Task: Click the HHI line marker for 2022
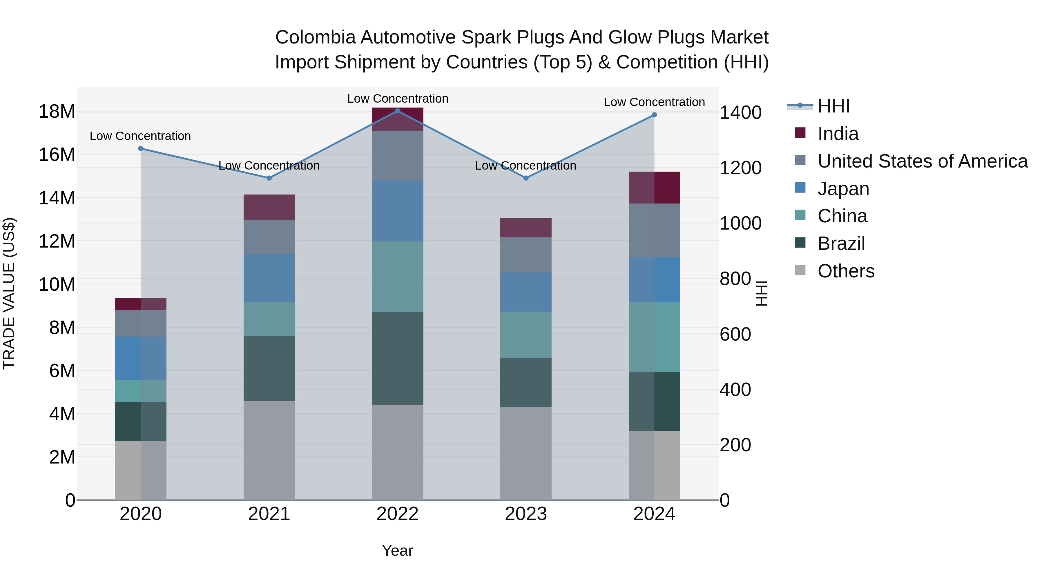(x=397, y=111)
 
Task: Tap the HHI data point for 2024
(x=654, y=115)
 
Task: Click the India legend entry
(x=838, y=134)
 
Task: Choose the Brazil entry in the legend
(x=841, y=243)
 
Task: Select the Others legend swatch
(x=800, y=270)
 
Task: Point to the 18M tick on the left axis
(x=57, y=111)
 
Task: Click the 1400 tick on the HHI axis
(x=740, y=113)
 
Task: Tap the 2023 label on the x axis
(x=526, y=514)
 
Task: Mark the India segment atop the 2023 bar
(x=526, y=228)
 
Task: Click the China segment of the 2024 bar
(x=654, y=337)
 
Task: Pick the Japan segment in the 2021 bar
(x=269, y=278)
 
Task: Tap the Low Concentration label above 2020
(x=140, y=136)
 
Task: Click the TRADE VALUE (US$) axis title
(x=9, y=293)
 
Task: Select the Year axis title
(x=397, y=550)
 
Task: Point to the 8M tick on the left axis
(x=62, y=327)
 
